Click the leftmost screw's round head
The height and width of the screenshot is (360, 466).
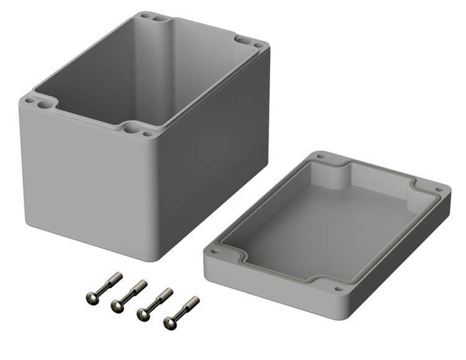click(90, 297)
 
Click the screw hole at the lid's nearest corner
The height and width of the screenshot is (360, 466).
click(338, 288)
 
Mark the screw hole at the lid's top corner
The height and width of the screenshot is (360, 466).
click(321, 157)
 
